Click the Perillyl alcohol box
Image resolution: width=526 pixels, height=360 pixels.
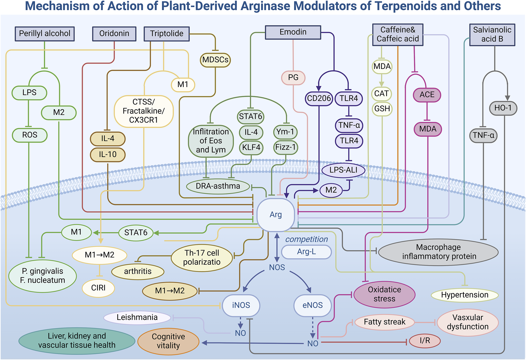click(x=45, y=34)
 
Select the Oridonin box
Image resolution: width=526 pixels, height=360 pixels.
click(x=114, y=34)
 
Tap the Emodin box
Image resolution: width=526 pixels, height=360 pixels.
click(x=293, y=32)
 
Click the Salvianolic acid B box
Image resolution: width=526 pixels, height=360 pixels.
click(x=492, y=34)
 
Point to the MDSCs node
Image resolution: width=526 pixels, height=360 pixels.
click(x=215, y=60)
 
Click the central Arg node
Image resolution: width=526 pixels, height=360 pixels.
click(x=275, y=215)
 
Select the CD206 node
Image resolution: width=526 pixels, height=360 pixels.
click(x=319, y=98)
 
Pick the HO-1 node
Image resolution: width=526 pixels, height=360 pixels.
click(x=503, y=108)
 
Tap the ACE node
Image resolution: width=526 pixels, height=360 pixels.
click(x=427, y=95)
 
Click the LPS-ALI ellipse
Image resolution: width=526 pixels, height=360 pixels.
click(x=343, y=170)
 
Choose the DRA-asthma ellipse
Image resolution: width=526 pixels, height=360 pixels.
click(x=218, y=186)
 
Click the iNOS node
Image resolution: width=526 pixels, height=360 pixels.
click(x=241, y=305)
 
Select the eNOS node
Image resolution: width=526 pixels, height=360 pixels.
click(x=312, y=305)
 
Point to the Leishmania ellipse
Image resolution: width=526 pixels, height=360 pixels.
click(x=137, y=317)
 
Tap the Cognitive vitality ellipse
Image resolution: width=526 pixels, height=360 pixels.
click(x=168, y=341)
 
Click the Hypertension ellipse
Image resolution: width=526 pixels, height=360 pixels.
click(x=464, y=295)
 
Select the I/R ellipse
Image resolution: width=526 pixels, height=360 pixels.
click(x=424, y=341)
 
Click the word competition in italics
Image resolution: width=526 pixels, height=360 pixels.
click(x=306, y=239)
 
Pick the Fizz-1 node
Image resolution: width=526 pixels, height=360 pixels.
click(x=285, y=147)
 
